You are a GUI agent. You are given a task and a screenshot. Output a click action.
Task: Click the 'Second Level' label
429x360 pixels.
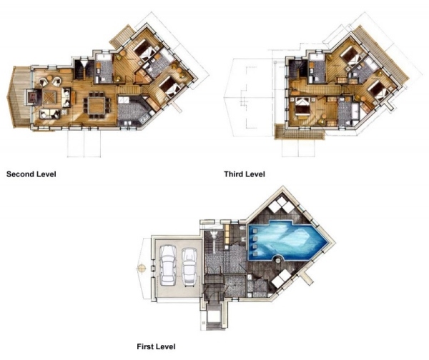(31, 174)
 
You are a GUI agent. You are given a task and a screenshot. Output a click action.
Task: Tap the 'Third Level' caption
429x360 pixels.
(245, 174)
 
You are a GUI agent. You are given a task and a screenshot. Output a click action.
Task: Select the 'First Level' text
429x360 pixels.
(156, 346)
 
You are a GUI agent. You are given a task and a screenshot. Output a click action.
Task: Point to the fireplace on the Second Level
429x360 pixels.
(32, 96)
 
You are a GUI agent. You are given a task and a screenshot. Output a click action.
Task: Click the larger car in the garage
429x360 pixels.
(168, 265)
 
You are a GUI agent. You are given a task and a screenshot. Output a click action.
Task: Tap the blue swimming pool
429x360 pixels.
(287, 241)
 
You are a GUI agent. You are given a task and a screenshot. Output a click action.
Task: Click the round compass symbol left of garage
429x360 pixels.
(141, 269)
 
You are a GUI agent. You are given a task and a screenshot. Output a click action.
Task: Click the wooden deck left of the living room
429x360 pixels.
(21, 96)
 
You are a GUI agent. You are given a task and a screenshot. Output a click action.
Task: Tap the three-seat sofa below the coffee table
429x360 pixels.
(50, 114)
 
